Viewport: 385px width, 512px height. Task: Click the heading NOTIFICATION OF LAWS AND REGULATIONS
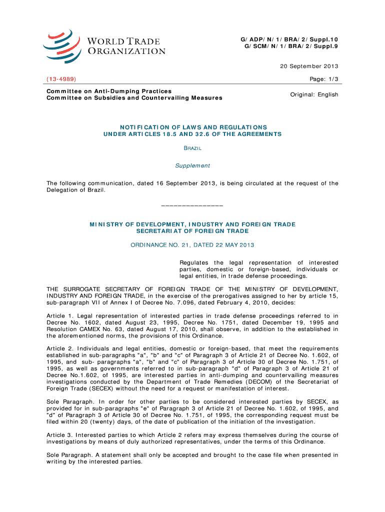(x=192, y=127)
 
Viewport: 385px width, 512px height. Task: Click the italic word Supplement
(x=192, y=166)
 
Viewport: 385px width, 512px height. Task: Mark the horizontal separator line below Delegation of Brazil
(x=192, y=206)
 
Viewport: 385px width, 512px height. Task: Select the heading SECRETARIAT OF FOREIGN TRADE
(x=192, y=231)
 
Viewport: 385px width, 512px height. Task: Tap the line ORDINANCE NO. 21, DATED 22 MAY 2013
(x=192, y=245)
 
